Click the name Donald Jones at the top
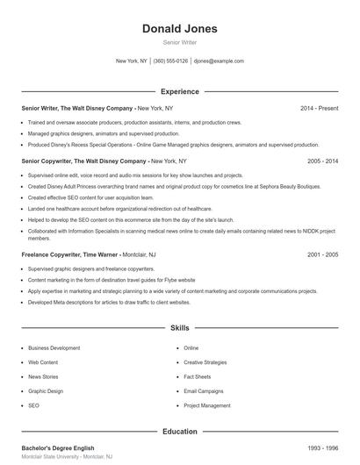click(179, 29)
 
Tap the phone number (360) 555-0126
click(171, 61)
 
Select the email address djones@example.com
click(219, 61)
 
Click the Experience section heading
click(179, 91)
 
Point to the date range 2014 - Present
click(319, 108)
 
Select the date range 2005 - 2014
click(322, 161)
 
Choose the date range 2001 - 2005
click(322, 254)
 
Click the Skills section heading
click(179, 328)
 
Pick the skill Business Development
click(54, 348)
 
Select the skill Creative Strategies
click(205, 362)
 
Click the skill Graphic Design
click(46, 391)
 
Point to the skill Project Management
click(206, 406)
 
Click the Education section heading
click(179, 432)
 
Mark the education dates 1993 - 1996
click(322, 448)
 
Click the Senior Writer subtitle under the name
click(179, 42)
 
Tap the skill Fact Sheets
click(197, 377)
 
